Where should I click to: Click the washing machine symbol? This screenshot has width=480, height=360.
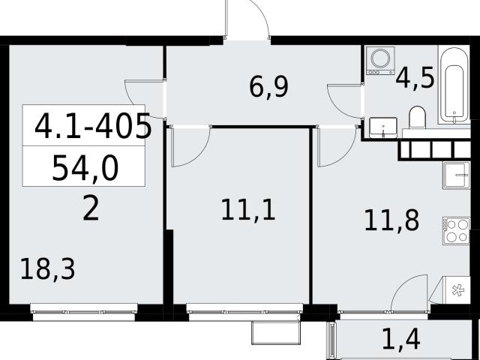pos(380,61)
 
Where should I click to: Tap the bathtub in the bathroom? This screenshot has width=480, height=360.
pos(454,85)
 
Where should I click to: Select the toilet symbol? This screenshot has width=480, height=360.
pos(418,118)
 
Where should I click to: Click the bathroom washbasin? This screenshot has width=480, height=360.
pos(383,127)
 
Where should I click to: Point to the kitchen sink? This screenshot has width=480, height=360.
pos(456,175)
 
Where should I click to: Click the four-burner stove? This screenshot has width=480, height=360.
pos(456,231)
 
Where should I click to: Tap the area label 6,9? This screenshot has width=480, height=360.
pos(268,88)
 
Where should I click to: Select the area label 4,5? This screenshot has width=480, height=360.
pos(415,78)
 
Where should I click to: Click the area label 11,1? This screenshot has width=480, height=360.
pos(248,210)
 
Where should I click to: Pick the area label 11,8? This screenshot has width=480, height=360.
pos(391,220)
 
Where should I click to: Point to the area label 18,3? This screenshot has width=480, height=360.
pos(48,269)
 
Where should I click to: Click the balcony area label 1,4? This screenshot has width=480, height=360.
pos(401,339)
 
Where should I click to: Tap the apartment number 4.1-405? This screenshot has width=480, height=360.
pos(93,126)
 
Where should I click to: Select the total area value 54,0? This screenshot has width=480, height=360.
pos(85,168)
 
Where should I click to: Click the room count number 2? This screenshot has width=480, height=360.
pos(91,208)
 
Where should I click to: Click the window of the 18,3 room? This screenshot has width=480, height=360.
pos(84,312)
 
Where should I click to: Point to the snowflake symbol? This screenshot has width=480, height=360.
pos(458,290)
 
